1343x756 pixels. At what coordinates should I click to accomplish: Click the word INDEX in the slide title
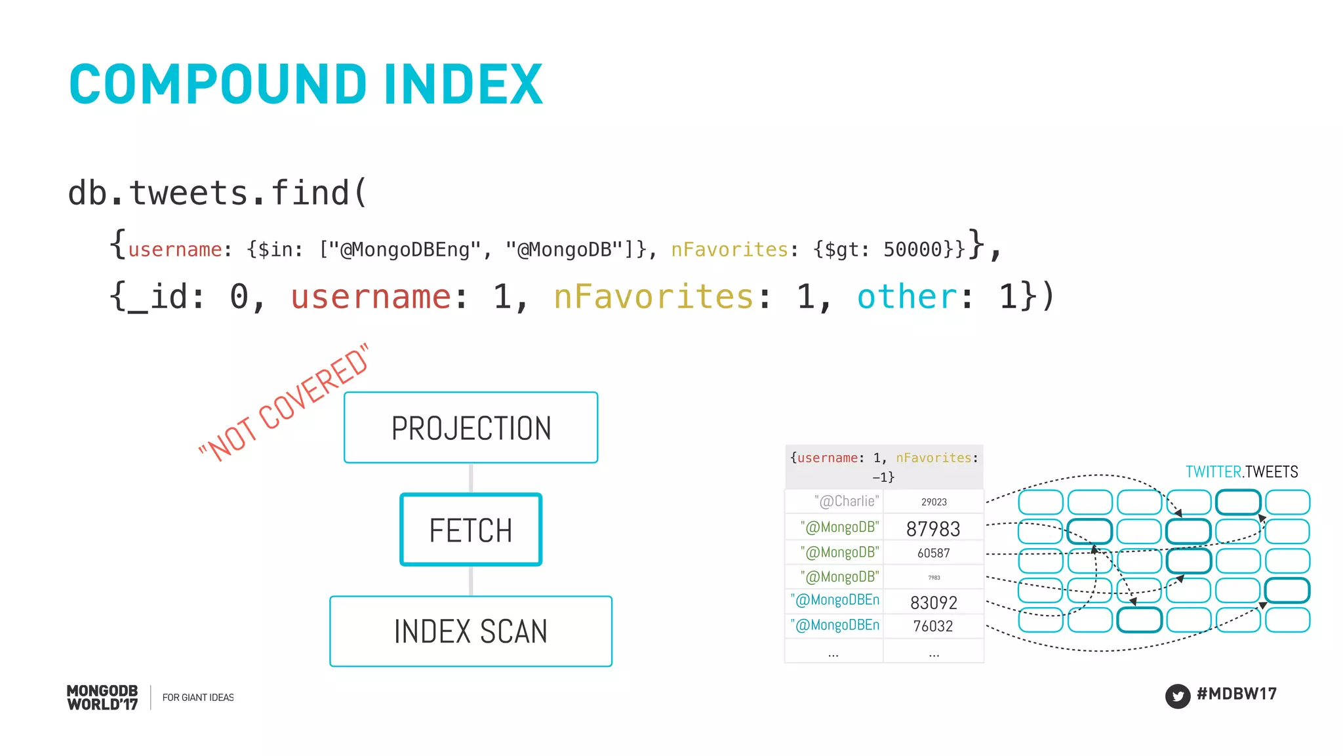point(463,85)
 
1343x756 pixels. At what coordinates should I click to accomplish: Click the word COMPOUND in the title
point(218,85)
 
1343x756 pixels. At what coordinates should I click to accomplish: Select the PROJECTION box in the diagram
point(471,428)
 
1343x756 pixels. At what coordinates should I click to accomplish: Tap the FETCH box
point(471,530)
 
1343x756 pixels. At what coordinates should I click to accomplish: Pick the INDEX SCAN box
point(471,631)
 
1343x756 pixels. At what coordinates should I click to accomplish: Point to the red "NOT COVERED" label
point(284,403)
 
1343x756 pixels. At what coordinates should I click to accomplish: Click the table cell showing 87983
point(933,528)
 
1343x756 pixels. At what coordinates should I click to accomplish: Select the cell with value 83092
point(933,603)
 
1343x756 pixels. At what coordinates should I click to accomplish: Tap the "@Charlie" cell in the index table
point(847,502)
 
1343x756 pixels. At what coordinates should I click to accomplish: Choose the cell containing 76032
point(933,626)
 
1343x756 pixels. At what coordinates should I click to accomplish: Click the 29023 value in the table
point(934,502)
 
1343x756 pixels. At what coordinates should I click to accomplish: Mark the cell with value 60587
point(933,553)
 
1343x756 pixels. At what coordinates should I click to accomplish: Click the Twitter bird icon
point(1177,696)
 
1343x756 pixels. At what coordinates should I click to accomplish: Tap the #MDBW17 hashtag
point(1236,694)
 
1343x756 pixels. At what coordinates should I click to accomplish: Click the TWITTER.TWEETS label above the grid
point(1241,472)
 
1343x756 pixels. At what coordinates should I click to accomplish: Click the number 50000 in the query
point(912,250)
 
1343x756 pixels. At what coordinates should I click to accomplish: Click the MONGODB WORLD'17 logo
point(102,698)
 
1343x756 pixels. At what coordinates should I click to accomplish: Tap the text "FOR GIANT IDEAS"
point(198,698)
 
